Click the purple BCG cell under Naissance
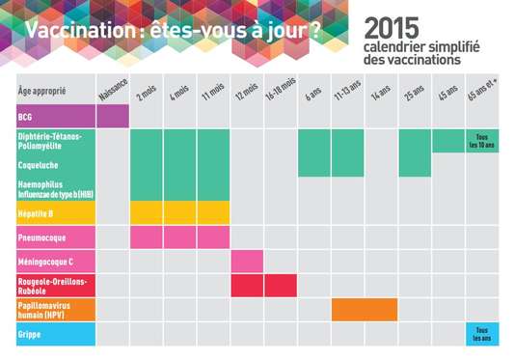click(x=113, y=116)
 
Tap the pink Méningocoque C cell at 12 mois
click(x=247, y=261)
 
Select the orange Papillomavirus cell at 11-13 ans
click(x=347, y=310)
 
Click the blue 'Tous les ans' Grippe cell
click(x=481, y=334)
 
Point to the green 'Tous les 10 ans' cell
click(x=481, y=141)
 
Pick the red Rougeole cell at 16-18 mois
click(x=281, y=286)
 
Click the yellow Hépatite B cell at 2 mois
click(x=147, y=212)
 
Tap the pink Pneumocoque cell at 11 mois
click(x=213, y=236)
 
